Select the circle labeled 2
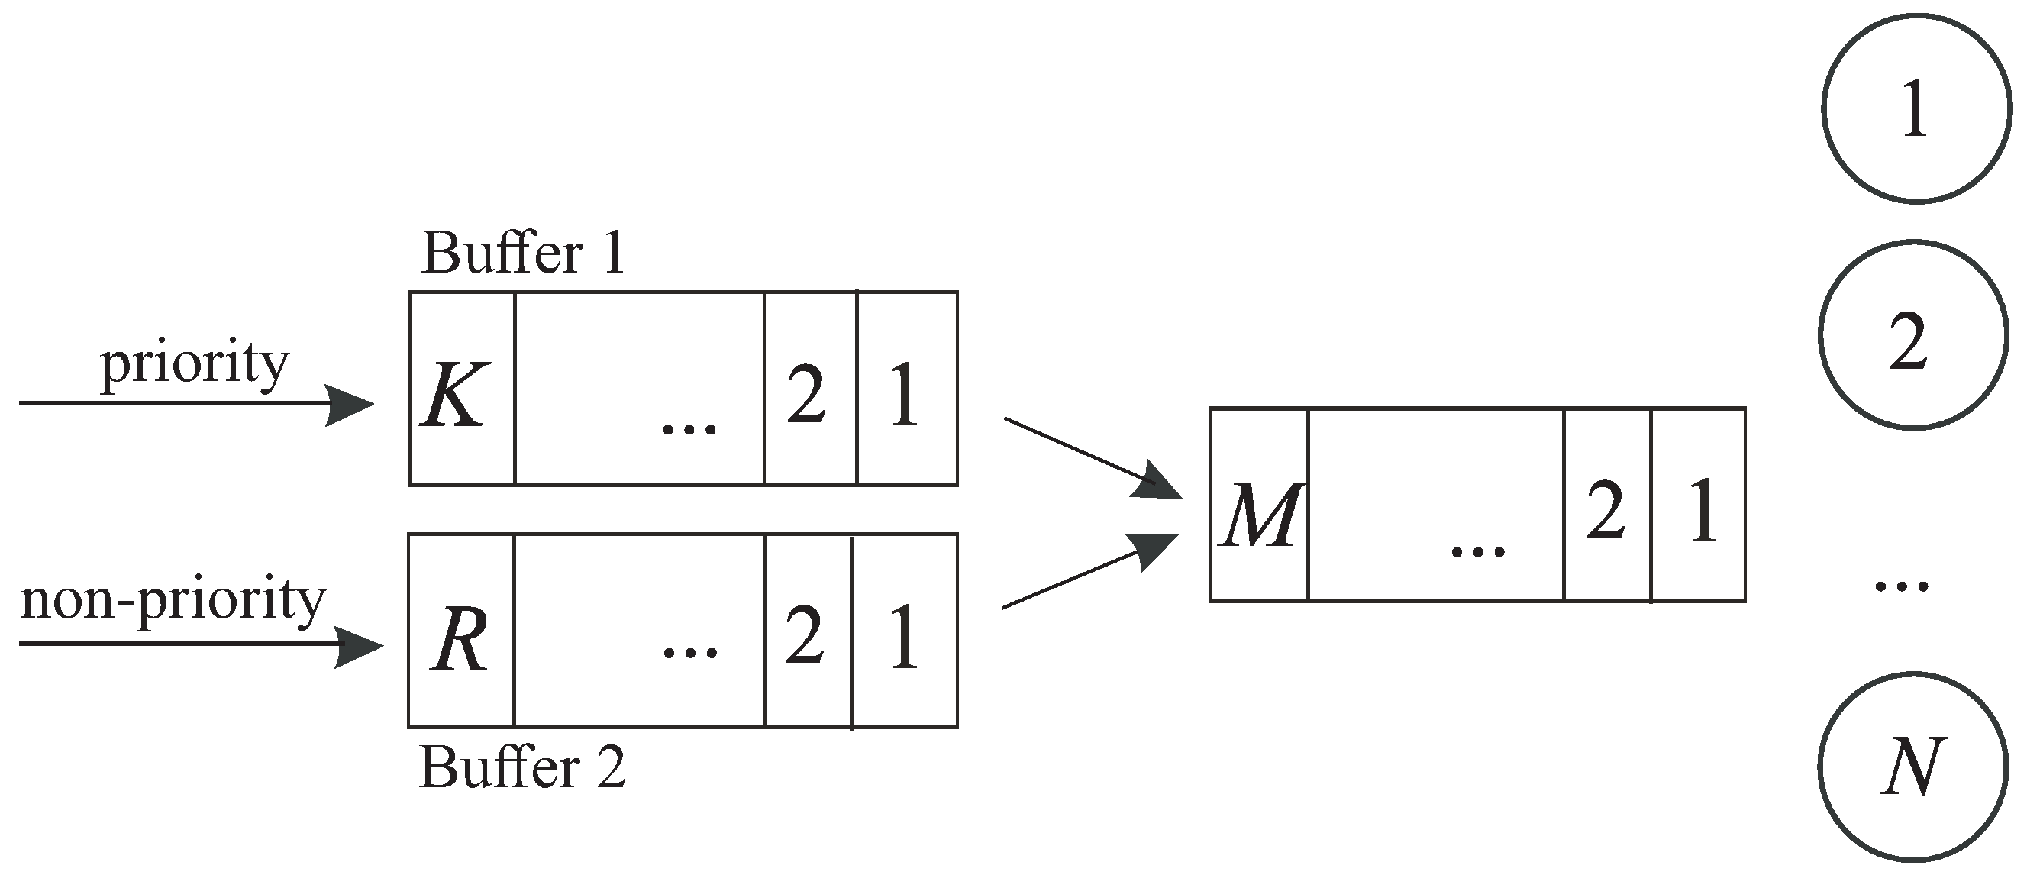pos(1912,335)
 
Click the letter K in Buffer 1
pos(455,394)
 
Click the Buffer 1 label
pos(522,253)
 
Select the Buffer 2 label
pos(522,767)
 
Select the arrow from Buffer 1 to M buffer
pos(1089,457)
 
